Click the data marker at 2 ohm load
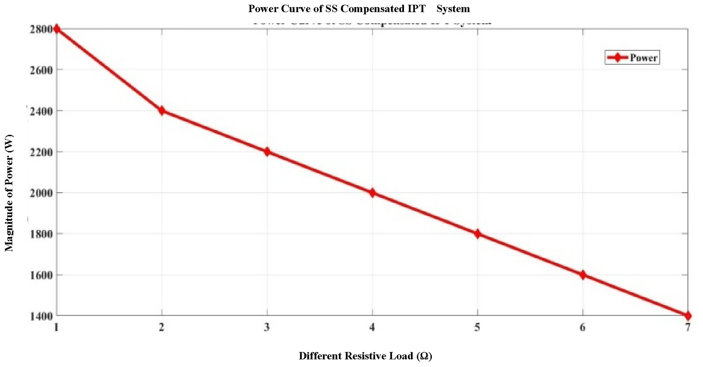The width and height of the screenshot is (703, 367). click(162, 111)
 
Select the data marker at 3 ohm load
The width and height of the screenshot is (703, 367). click(267, 152)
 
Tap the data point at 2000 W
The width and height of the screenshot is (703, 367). click(372, 193)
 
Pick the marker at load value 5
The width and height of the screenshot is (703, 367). click(477, 234)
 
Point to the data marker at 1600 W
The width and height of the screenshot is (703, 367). click(583, 275)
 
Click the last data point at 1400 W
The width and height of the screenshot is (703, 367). click(688, 316)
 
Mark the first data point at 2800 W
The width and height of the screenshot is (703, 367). click(57, 29)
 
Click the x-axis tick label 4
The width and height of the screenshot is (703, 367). click(372, 327)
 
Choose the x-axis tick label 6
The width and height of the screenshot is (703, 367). click(583, 327)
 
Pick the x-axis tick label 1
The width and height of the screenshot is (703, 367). click(56, 327)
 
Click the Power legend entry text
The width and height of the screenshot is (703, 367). click(643, 58)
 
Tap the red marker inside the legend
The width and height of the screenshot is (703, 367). click(617, 58)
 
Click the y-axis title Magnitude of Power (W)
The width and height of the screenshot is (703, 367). click(9, 193)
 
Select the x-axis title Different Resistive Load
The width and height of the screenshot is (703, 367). click(365, 356)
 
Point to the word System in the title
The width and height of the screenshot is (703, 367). click(453, 9)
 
